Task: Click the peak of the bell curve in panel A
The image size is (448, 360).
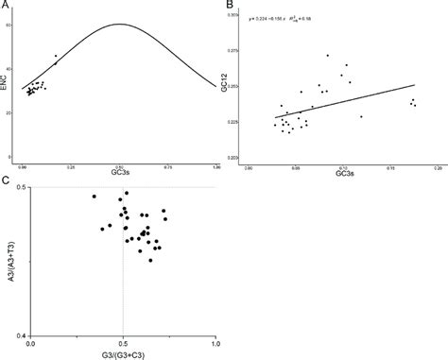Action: tap(120, 25)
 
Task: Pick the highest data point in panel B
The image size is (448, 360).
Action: tap(328, 56)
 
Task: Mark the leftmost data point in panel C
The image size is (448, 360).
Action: tap(95, 197)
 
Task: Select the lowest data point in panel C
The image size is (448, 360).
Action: tap(150, 260)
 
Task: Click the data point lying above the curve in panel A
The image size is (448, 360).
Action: tap(56, 56)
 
